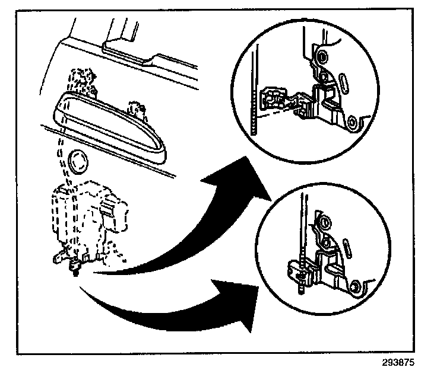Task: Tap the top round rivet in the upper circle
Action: coord(322,57)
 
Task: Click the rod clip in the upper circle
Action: coord(273,98)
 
